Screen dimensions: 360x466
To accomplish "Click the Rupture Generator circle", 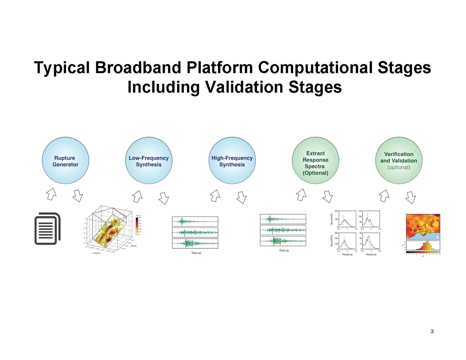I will (65, 161).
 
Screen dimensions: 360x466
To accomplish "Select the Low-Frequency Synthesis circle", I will (149, 161).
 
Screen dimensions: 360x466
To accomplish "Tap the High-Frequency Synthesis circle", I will (232, 161).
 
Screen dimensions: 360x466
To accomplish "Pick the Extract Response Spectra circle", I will (315, 161).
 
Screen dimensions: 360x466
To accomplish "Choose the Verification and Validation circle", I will (399, 161).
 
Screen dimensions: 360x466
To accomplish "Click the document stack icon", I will (47, 228).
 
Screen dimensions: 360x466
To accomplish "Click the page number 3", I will (432, 331).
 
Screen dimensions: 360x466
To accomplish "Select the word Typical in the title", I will (62, 68).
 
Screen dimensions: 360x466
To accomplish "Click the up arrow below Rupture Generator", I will (51, 194).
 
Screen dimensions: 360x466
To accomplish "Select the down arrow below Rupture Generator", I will (78, 195).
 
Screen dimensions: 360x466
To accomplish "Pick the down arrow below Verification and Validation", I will (410, 197).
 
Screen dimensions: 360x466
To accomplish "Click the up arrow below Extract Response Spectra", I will (301, 195).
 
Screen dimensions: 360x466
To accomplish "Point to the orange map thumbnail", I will (423, 226).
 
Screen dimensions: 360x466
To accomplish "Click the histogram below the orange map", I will (423, 246).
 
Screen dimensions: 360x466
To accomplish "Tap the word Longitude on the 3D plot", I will (96, 253).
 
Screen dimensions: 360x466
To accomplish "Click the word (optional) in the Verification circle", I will (399, 168).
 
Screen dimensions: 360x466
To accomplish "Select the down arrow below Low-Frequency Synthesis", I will (164, 198).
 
